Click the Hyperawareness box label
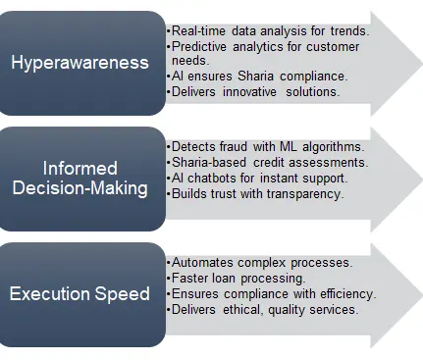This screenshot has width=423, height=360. (x=79, y=62)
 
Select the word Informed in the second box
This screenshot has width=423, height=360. (x=80, y=169)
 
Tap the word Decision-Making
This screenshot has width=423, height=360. (x=80, y=188)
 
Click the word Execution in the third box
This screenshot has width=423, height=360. (x=50, y=293)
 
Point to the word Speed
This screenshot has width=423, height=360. (x=123, y=294)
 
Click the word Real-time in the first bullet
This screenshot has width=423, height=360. (x=198, y=31)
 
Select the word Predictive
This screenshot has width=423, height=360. (x=199, y=46)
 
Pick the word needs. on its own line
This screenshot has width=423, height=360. (x=190, y=61)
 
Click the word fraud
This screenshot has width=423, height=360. (x=234, y=147)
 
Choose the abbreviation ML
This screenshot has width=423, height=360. (x=289, y=147)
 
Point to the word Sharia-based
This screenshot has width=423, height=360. (x=209, y=163)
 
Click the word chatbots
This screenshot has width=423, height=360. (x=212, y=179)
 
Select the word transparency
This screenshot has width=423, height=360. (x=305, y=194)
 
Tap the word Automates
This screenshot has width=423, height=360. (x=202, y=263)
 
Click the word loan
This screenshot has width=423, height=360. (x=224, y=279)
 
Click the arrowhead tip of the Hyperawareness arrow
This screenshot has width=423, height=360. (x=422, y=64)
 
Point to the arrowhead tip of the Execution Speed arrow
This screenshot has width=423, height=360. (x=422, y=295)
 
